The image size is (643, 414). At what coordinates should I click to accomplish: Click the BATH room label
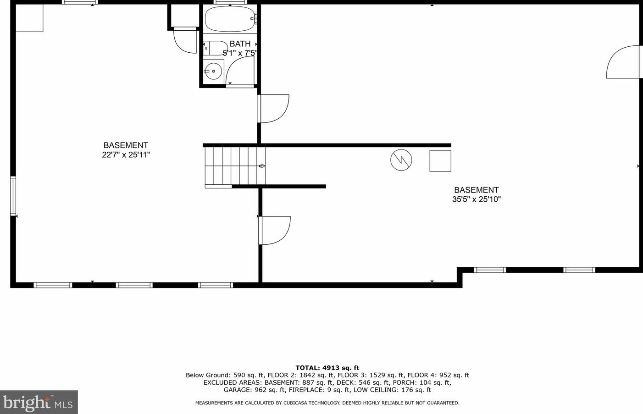(x=240, y=44)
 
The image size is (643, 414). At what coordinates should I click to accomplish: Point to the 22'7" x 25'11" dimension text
(x=126, y=155)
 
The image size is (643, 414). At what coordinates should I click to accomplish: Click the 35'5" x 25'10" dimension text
(x=476, y=199)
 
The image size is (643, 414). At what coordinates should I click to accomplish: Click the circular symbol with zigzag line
(x=401, y=160)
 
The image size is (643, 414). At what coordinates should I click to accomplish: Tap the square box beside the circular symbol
(x=440, y=160)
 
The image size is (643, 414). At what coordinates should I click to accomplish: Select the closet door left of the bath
(x=185, y=40)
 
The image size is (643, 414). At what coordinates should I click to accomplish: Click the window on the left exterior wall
(x=13, y=196)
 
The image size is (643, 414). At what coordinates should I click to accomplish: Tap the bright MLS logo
(x=39, y=402)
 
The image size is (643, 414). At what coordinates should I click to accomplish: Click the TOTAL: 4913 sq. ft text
(x=327, y=368)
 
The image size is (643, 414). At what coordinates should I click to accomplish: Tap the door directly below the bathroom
(x=273, y=109)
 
